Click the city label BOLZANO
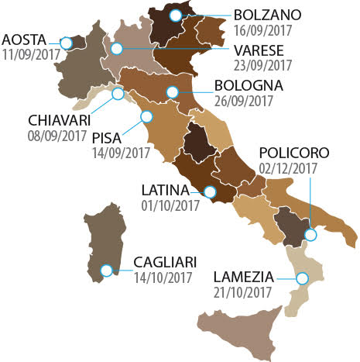[268, 16]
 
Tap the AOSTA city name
[26, 40]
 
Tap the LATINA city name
[166, 189]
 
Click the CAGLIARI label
[163, 261]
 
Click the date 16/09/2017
[262, 32]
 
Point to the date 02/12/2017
[290, 168]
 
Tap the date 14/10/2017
[163, 277]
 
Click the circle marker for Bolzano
[177, 15]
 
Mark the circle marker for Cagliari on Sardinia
[108, 271]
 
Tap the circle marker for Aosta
[67, 42]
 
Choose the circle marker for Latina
[209, 191]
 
